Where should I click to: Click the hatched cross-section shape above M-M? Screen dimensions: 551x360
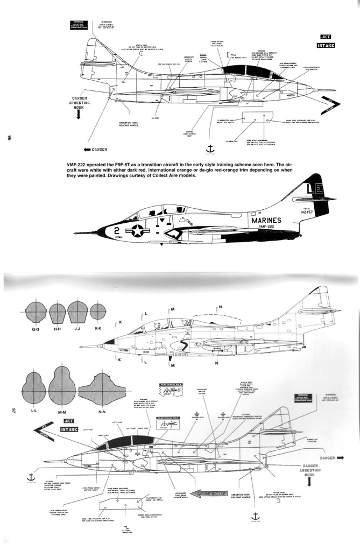point(61,388)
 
